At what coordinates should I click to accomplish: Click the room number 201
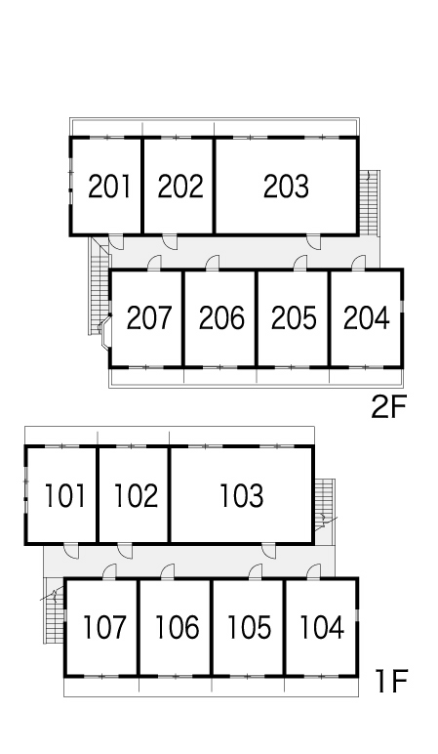pos(109,187)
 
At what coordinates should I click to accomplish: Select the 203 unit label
pos(286,187)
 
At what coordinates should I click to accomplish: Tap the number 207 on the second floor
pos(149,317)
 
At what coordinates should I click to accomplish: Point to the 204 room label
pos(366,317)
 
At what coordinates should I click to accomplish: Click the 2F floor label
pos(388,407)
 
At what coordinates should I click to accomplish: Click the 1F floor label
pos(391,682)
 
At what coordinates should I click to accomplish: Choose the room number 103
pos(242,496)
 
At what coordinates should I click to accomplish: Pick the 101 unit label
pos(64,496)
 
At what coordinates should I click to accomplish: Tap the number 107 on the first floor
pos(104,627)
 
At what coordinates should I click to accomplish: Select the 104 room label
pos(322,627)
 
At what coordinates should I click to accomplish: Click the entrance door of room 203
pos(314,241)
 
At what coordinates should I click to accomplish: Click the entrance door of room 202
pos(170,241)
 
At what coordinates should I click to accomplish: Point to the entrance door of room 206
pos(213,263)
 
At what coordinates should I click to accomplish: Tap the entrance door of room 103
pos(269,551)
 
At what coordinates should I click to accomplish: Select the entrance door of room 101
pos(71,551)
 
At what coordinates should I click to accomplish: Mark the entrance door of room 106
pos(168,571)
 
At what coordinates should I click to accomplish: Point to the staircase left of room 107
pos(55,610)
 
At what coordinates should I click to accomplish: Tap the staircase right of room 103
pos(325,504)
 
